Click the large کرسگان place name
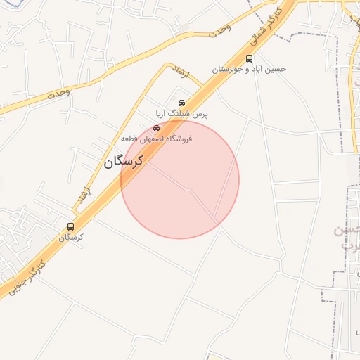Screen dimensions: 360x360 point(124,162)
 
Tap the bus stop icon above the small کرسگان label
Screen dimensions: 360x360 point(70,226)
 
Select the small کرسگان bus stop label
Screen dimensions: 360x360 point(70,238)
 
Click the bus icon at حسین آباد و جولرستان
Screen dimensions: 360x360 point(250,58)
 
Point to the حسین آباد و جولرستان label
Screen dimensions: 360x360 point(250,70)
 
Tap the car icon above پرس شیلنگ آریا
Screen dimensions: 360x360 point(182,103)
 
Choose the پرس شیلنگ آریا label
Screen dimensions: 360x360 point(181,113)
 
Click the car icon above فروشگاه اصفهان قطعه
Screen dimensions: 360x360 point(156,128)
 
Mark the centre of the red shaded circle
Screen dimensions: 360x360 point(180,179)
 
